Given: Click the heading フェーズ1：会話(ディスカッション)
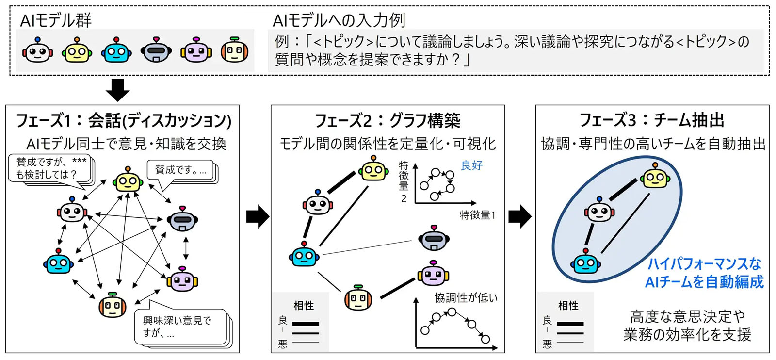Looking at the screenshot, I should [124, 120].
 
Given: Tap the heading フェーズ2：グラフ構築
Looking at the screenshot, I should [388, 120].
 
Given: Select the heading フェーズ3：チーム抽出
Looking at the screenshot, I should [652, 120].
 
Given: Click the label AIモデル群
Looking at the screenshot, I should [56, 20].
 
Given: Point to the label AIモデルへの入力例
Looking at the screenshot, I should [339, 20].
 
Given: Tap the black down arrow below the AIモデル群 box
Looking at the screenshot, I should [118, 89].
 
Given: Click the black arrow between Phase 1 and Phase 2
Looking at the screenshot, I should [257, 216].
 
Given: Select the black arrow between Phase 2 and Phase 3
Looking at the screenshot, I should [519, 216].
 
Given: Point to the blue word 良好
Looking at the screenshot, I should [471, 165].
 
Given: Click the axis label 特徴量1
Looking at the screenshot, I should [477, 215].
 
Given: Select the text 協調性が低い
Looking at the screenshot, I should [466, 297].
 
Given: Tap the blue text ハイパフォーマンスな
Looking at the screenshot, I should [704, 264].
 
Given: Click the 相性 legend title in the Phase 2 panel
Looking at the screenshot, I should [304, 306].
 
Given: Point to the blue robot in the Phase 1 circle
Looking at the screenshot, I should [58, 262].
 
